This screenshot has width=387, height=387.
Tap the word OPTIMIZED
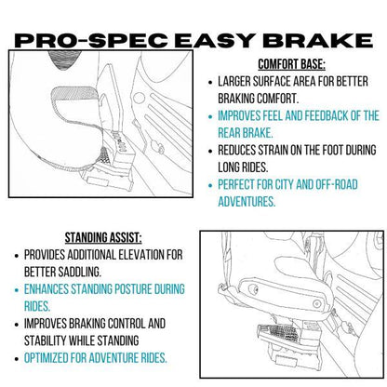pyautogui.click(x=54, y=357)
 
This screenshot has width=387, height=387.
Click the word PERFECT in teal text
pyautogui.click(x=244, y=184)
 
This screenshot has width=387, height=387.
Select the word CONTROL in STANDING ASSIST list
pyautogui.click(x=147, y=323)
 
